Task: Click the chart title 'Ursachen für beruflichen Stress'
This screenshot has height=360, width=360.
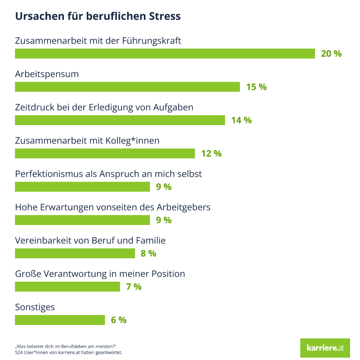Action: pos(98,16)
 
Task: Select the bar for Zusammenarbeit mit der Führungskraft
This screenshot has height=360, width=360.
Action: pos(165,54)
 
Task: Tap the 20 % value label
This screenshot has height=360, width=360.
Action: pos(331,54)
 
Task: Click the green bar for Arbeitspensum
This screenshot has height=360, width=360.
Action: pos(127,87)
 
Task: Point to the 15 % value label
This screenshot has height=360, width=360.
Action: pos(256,87)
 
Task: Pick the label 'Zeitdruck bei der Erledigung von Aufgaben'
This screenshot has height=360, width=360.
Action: pos(104,108)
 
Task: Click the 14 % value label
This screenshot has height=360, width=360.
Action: pos(241,120)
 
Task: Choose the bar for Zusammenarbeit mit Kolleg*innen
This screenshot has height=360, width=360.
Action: pos(105,153)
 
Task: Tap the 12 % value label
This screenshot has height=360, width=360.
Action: pos(211,153)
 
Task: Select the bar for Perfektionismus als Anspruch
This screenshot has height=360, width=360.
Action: pos(82,187)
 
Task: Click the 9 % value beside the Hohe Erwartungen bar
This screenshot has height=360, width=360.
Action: pos(164,220)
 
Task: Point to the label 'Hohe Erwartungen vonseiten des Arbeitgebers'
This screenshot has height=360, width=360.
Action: pos(113,207)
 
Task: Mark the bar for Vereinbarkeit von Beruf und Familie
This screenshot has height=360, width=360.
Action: pos(75,253)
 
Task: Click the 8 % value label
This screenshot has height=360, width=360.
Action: pos(148,253)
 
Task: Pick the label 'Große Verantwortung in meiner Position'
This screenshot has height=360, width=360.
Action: pos(100,274)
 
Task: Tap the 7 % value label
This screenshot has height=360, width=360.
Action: pos(134,287)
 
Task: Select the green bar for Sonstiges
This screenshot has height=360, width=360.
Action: pos(60,320)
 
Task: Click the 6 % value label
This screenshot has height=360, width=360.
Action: pos(119,320)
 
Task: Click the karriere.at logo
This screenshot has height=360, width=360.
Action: pos(325,348)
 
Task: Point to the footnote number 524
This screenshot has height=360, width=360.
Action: pos(19,352)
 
